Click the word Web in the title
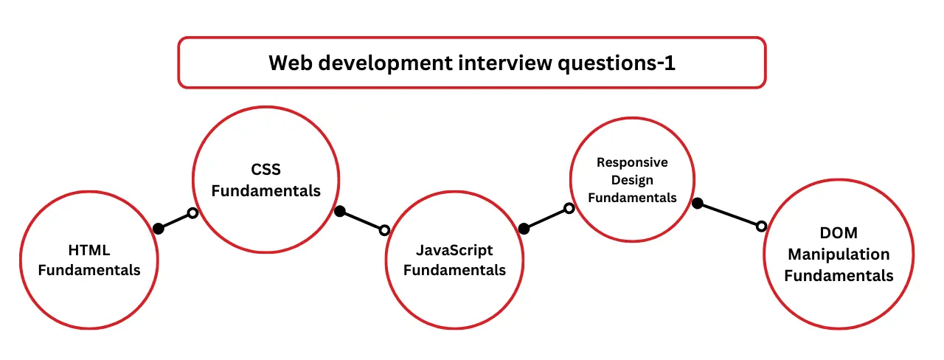pyautogui.click(x=287, y=63)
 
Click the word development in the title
pyautogui.click(x=372, y=63)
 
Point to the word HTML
pyautogui.click(x=89, y=251)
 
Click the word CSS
pyautogui.click(x=266, y=170)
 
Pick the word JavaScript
pyautogui.click(x=454, y=250)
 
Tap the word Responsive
pyautogui.click(x=632, y=162)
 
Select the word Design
pyautogui.click(x=632, y=180)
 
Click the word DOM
pyautogui.click(x=839, y=233)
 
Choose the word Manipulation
pyautogui.click(x=839, y=255)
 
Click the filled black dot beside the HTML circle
pyautogui.click(x=158, y=229)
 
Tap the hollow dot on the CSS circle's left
pyautogui.click(x=192, y=213)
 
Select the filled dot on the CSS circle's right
pyautogui.click(x=340, y=212)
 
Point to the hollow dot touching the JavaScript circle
pyautogui.click(x=384, y=230)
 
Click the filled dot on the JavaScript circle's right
pyautogui.click(x=524, y=229)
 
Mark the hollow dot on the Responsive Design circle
pyautogui.click(x=569, y=209)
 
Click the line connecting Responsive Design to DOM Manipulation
pyautogui.click(x=729, y=215)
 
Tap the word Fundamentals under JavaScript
pyautogui.click(x=454, y=270)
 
